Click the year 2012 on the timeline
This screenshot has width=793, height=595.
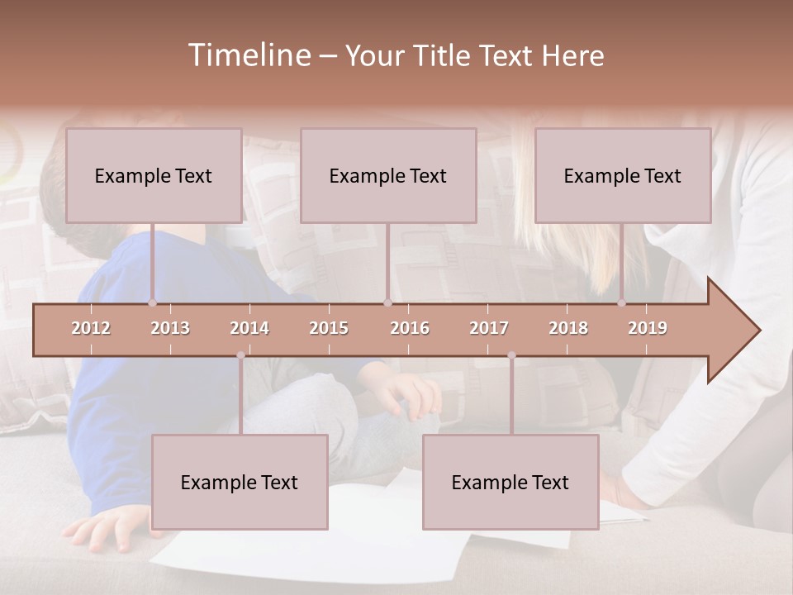tap(91, 328)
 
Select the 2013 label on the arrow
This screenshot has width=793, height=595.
tap(170, 328)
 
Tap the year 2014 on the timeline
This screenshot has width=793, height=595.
tap(249, 328)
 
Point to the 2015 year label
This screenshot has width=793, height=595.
tap(329, 328)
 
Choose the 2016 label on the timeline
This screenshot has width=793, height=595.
tap(410, 328)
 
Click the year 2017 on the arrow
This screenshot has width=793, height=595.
tap(489, 328)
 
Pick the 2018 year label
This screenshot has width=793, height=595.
tap(568, 328)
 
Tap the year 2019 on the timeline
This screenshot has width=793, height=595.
tap(648, 328)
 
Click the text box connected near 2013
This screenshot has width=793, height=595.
tap(154, 175)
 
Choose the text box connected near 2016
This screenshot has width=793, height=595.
tap(388, 175)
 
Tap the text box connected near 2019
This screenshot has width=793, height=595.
tap(623, 175)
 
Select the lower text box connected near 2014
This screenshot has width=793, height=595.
tap(240, 482)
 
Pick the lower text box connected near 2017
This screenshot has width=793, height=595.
tap(510, 482)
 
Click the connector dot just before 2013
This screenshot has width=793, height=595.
tap(152, 302)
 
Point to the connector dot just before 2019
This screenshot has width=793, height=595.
tap(622, 302)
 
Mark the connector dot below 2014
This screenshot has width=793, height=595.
tap(240, 355)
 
